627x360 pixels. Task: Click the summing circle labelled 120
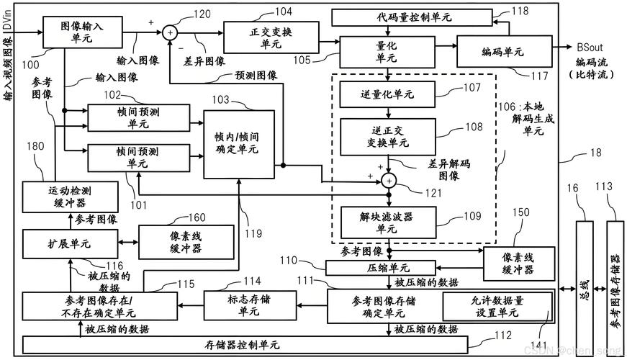pos(170,32)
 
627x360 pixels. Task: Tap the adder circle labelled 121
pos(389,180)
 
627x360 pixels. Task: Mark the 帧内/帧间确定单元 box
pos(239,144)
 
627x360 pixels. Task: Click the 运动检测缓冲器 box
pos(69,197)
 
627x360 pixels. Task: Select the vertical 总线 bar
pos(582,284)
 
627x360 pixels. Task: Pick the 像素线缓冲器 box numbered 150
pos(519,264)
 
